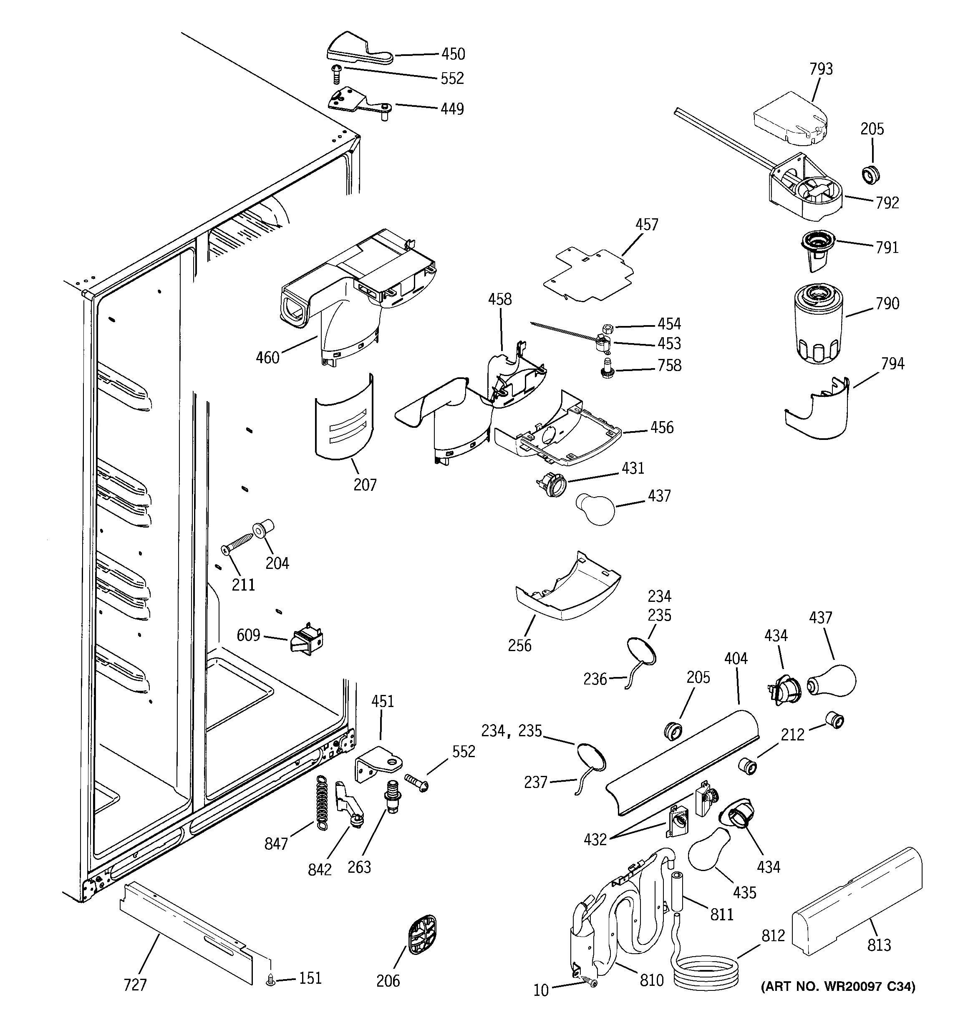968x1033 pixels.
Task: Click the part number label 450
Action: (x=453, y=54)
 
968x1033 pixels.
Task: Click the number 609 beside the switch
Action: (x=248, y=635)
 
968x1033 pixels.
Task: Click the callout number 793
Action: (x=821, y=69)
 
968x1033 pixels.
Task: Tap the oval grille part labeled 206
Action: (x=422, y=935)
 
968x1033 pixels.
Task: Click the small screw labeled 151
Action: (x=270, y=980)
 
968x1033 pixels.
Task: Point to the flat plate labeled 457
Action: (x=589, y=275)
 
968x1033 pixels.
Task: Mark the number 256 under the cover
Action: (x=519, y=645)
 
